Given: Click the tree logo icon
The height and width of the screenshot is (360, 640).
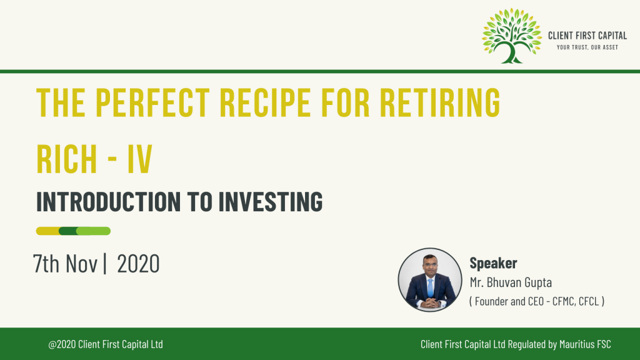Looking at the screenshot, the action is (511, 36).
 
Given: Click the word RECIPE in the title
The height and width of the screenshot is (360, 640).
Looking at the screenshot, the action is (264, 102).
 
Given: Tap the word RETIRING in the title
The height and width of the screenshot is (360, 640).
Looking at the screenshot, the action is (440, 102).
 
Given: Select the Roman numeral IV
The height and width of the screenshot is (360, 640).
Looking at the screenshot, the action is (140, 158).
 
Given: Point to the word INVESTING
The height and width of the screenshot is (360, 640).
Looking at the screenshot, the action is (271, 201).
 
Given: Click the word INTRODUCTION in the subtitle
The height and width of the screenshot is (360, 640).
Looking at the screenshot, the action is (109, 201).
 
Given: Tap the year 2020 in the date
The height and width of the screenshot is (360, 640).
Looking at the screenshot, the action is (138, 264).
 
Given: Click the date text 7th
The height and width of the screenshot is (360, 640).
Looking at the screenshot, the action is (46, 264).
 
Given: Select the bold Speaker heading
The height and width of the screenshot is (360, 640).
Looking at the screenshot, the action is (493, 263).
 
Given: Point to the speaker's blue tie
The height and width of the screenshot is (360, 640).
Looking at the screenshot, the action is (430, 288).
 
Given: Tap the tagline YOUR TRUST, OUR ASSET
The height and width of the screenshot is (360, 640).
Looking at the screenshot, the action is (587, 47).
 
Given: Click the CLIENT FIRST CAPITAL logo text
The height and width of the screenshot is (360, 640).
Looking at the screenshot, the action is (587, 36).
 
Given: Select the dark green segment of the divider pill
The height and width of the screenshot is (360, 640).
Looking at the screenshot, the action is (67, 231).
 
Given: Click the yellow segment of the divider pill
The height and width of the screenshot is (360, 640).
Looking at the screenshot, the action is (47, 231).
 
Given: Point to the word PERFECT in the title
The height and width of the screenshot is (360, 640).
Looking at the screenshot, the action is (152, 102).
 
